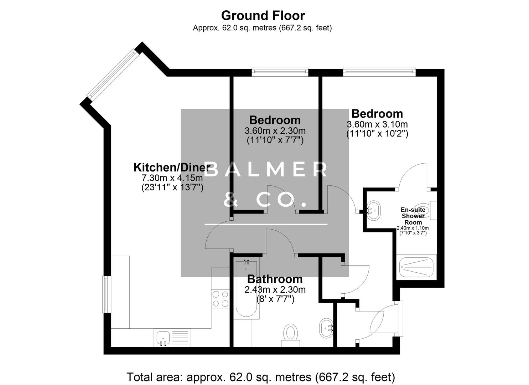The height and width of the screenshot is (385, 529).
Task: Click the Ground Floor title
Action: coord(263,16)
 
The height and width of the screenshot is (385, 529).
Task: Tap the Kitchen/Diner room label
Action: coord(172,167)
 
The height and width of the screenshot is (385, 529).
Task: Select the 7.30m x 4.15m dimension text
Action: coord(172,178)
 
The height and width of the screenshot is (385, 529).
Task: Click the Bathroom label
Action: coord(275,279)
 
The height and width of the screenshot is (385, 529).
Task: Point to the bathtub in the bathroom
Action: coord(246,289)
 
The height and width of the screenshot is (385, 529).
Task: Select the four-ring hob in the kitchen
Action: coord(220,299)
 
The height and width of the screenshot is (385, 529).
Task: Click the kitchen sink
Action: coord(163,337)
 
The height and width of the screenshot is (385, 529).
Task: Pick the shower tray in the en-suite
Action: coord(416,267)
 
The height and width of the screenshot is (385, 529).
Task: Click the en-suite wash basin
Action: coord(373,210)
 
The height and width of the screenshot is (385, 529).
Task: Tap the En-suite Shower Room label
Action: coord(413,216)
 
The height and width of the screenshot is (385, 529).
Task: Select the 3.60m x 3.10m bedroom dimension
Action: coord(377,124)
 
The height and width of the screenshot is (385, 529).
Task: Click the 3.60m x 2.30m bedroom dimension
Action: coord(275,130)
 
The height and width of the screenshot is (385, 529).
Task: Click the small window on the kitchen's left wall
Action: coord(106,294)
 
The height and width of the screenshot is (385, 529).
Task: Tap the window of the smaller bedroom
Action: coord(280,72)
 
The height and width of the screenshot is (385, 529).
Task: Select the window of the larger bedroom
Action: coord(379,72)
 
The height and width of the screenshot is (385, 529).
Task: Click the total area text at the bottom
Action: coord(261,376)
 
